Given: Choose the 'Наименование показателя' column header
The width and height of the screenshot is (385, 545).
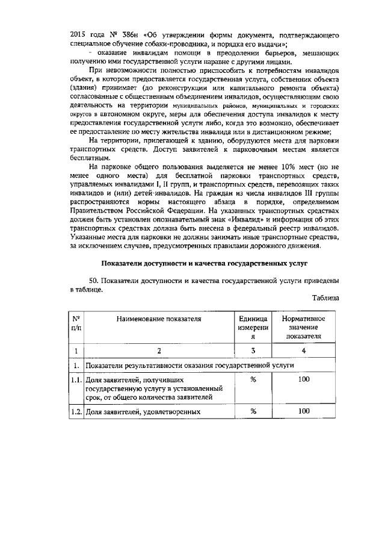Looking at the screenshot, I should pyautogui.click(x=159, y=318).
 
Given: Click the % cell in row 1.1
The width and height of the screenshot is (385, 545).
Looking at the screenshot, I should pyautogui.click(x=253, y=380).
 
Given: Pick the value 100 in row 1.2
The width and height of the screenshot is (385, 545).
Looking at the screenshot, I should pyautogui.click(x=304, y=411).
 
